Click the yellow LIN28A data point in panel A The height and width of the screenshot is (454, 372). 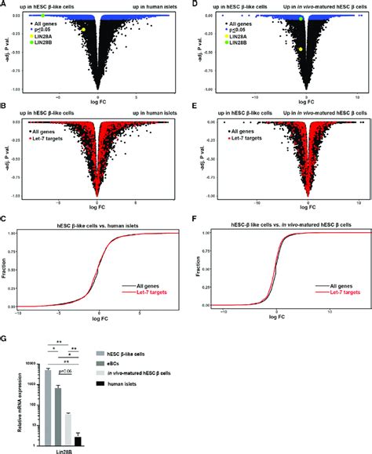point(82,29)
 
